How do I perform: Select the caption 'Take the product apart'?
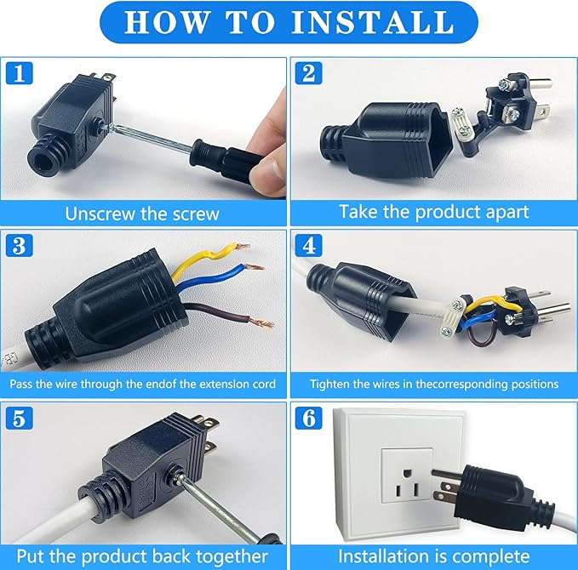pos(434,212)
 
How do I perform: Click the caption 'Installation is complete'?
pos(434,556)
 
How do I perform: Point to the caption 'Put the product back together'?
pos(142,556)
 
